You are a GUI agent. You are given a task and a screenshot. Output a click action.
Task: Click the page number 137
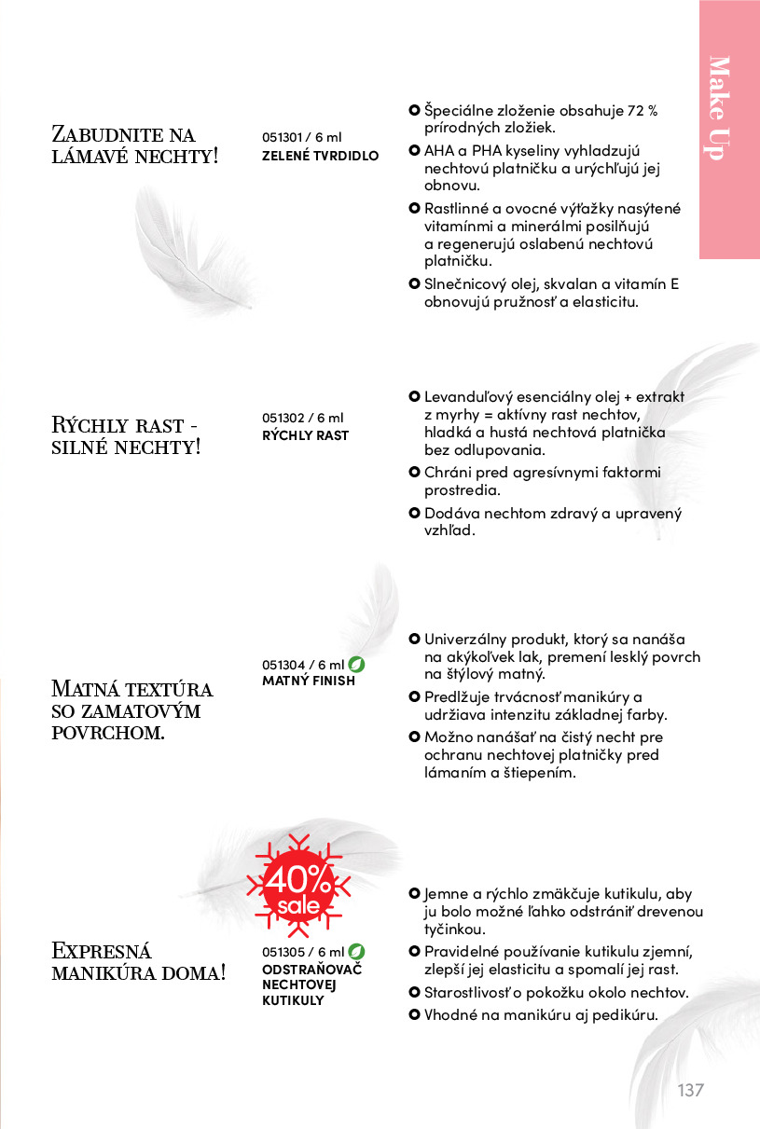[x=690, y=1090]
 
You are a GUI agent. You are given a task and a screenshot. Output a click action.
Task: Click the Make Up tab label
[x=718, y=107]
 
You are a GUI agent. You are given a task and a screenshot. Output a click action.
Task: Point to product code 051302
[x=283, y=418]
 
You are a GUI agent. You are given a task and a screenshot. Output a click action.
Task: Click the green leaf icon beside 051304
[x=356, y=665]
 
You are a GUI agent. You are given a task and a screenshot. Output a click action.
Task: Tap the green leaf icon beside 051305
[x=356, y=952]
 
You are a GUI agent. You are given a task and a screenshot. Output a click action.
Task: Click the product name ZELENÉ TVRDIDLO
[x=321, y=155]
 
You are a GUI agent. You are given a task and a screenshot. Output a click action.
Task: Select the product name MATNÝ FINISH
[x=309, y=681]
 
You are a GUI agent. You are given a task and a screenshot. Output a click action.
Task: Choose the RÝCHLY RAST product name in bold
[x=305, y=435]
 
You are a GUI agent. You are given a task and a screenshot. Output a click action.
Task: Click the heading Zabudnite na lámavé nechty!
[x=134, y=145]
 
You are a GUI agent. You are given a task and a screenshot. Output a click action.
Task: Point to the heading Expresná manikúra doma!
[x=138, y=962]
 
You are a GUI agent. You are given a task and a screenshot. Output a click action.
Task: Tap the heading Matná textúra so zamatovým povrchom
[x=131, y=710]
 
